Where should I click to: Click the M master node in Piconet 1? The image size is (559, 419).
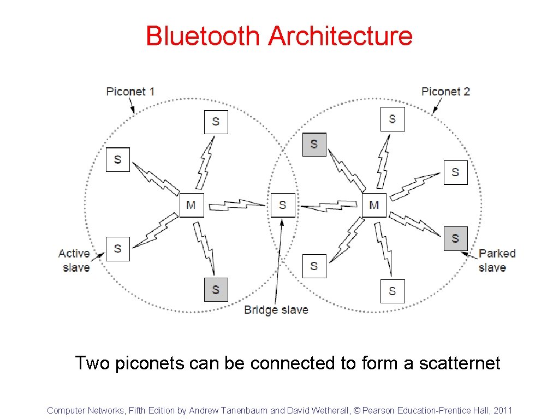pos(191,205)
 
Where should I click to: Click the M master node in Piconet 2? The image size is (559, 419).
pos(374,205)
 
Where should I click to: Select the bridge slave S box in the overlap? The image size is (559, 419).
pos(282,205)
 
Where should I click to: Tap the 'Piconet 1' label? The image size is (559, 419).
pos(130,91)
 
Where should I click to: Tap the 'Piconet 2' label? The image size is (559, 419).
pos(445,91)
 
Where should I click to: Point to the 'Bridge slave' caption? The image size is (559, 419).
pos(276,310)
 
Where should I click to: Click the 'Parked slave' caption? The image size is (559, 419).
pos(497,260)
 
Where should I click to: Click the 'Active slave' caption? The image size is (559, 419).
pos(74,260)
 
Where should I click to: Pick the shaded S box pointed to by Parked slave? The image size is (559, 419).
pos(455,238)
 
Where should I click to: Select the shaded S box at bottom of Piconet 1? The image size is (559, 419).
pos(216,289)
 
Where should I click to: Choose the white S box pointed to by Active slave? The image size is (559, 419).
pos(117,249)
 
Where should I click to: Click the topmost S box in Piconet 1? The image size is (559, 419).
pos(216,122)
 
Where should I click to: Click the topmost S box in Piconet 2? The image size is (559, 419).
pos(392,119)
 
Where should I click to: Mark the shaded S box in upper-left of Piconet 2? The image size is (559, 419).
pos(314,144)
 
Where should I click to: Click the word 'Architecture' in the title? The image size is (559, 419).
pos(340,36)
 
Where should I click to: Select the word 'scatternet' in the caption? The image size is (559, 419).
pos(459,363)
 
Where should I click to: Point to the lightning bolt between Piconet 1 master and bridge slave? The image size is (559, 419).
pos(237,205)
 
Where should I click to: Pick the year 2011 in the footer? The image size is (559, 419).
pos(502,410)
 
